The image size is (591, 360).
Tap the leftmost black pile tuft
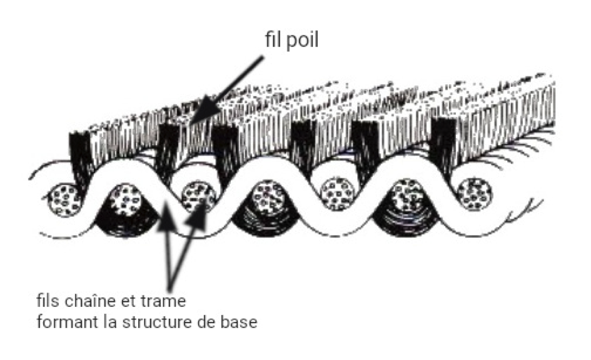(x=81, y=153)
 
